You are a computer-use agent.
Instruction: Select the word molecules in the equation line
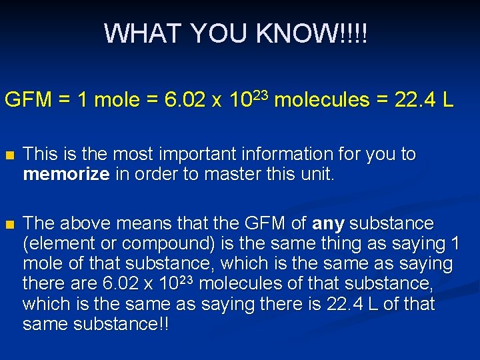(321, 101)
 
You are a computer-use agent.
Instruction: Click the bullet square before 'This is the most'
(9, 155)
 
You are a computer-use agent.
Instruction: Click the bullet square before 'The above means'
(9, 223)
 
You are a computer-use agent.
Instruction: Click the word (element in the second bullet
(52, 243)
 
